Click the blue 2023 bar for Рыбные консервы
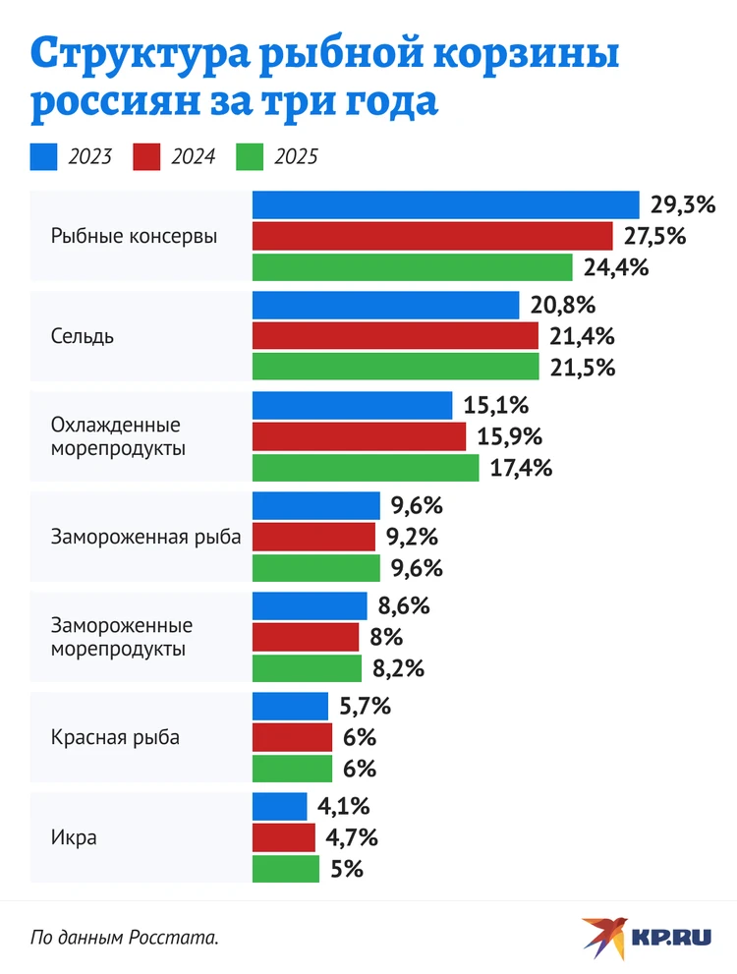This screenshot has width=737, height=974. click(x=446, y=204)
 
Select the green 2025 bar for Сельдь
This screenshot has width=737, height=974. click(x=395, y=367)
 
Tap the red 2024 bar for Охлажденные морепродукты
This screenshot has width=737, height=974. click(x=359, y=436)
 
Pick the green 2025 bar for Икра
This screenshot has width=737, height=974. click(x=285, y=869)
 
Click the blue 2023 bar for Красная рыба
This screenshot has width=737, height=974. click(x=290, y=706)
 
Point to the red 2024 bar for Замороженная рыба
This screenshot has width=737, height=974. click(x=313, y=537)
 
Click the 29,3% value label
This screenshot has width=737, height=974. click(x=682, y=204)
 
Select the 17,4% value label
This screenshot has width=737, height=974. click(x=520, y=468)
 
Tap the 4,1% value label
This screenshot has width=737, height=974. click(x=343, y=807)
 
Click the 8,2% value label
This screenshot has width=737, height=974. click(x=398, y=668)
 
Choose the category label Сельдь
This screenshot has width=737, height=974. click(x=83, y=336)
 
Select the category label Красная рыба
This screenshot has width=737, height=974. click(x=115, y=737)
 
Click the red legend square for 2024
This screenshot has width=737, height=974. click(x=146, y=156)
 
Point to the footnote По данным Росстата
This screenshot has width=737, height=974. click(x=125, y=937)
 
